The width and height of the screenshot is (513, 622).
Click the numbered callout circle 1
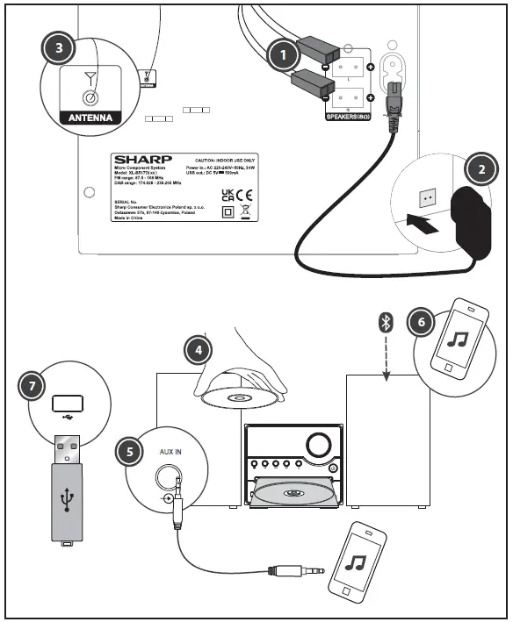pyautogui.click(x=282, y=55)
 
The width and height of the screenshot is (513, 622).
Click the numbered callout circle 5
pyautogui.click(x=130, y=451)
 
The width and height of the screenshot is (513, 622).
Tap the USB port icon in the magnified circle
pyautogui.click(x=68, y=405)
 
